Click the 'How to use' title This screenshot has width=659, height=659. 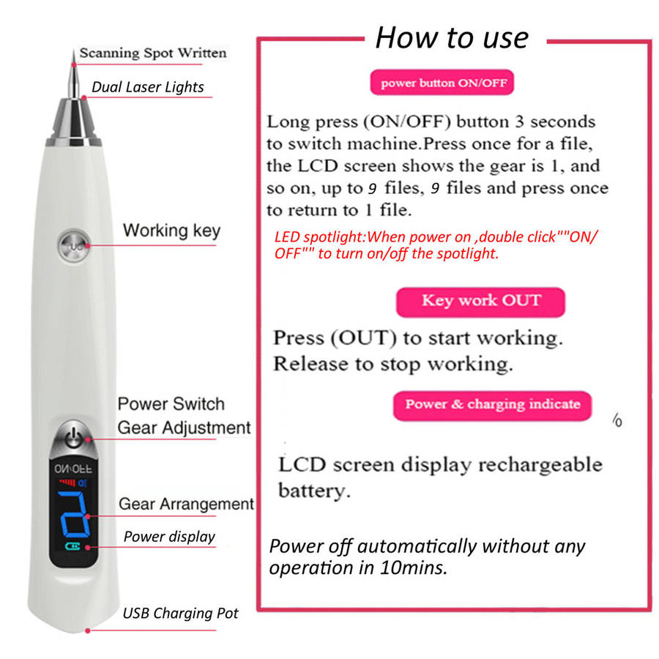(452, 38)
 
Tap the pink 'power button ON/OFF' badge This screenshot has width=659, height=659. (442, 82)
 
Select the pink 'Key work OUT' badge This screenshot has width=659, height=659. (480, 302)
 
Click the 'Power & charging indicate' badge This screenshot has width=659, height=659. (493, 405)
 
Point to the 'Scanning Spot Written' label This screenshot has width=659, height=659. (153, 53)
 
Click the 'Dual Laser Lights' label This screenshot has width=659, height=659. (147, 87)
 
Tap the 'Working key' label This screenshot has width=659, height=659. (171, 231)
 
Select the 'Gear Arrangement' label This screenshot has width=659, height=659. (186, 504)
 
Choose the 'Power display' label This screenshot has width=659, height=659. (169, 537)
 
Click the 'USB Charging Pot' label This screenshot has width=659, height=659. (180, 613)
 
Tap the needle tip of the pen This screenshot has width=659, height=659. (73, 51)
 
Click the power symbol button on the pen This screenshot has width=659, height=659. (73, 437)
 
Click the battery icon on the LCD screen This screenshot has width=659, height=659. (72, 546)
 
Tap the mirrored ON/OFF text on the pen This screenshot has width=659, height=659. (73, 469)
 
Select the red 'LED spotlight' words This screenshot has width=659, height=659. (320, 237)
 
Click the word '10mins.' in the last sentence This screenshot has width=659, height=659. (414, 567)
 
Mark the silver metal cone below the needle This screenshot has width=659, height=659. (74, 122)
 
